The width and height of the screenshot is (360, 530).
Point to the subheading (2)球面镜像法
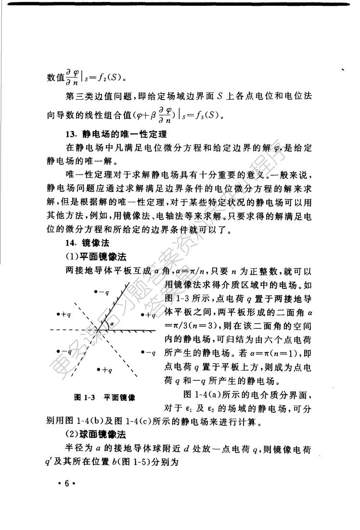pos(96,435)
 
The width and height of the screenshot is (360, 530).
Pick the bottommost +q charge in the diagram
pos(104,370)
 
